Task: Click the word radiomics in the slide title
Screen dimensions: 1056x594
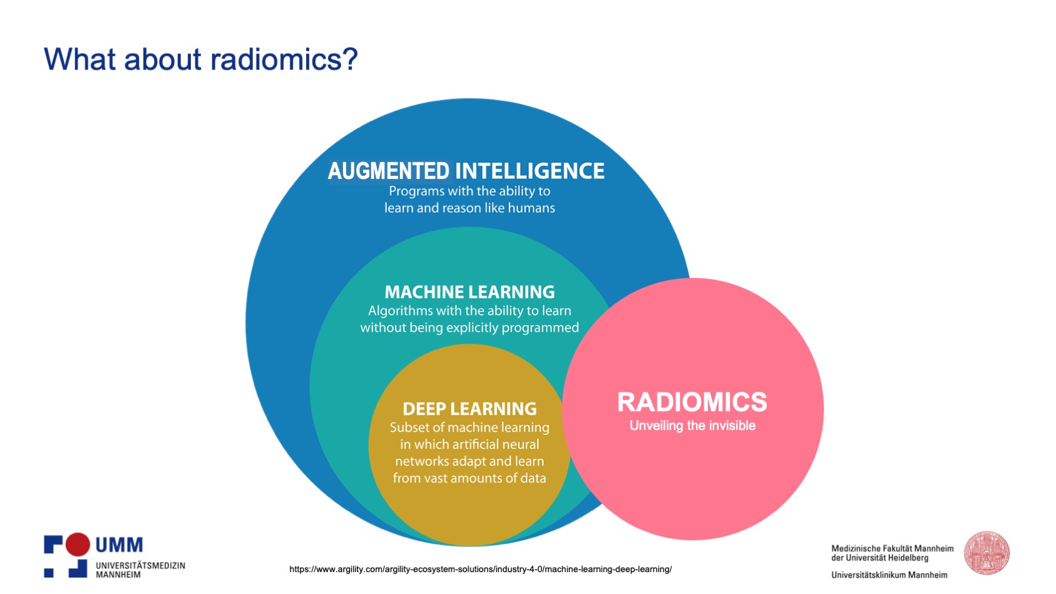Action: [x=284, y=59]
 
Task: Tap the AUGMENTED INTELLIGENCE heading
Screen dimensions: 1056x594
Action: [x=466, y=171]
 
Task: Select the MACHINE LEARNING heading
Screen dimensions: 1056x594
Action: [x=469, y=292]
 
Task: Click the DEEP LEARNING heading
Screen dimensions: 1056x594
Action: [x=469, y=409]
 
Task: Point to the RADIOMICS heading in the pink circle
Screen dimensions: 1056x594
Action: [x=692, y=402]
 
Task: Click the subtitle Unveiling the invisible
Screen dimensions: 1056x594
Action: [x=692, y=426]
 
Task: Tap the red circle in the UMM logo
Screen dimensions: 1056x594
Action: [x=78, y=544]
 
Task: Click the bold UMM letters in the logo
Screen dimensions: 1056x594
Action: [x=119, y=545]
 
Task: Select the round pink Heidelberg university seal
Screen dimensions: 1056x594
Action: [x=987, y=553]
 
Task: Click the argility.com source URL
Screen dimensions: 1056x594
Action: [x=480, y=569]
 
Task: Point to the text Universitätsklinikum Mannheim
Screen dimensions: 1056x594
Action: [x=889, y=575]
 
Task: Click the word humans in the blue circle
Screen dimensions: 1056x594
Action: [x=531, y=208]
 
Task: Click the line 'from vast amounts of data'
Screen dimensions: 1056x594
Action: [x=469, y=478]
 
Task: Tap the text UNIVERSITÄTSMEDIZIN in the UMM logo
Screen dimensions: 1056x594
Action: [x=140, y=565]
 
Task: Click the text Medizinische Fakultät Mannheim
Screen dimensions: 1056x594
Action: [x=892, y=548]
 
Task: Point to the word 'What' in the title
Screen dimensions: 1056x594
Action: [x=79, y=59]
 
